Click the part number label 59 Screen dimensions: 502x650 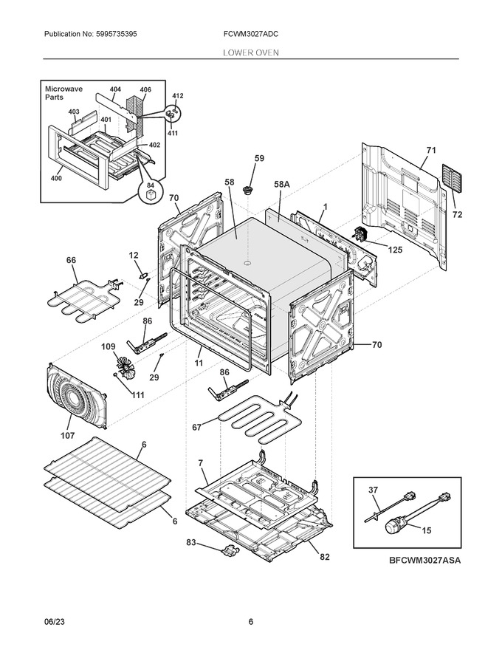pyautogui.click(x=259, y=158)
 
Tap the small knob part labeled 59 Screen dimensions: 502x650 pyautogui.click(x=248, y=191)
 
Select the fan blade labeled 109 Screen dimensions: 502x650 pyautogui.click(x=124, y=367)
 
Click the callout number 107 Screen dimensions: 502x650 pyautogui.click(x=67, y=435)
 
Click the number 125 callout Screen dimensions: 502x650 pyautogui.click(x=395, y=250)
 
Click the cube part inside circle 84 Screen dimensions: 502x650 pyautogui.click(x=151, y=194)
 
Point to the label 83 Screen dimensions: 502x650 pyautogui.click(x=191, y=542)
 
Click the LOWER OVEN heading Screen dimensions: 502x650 pyautogui.click(x=251, y=52)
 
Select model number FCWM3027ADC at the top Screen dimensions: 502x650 pyautogui.click(x=250, y=34)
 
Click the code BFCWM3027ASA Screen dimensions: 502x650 pyautogui.click(x=424, y=561)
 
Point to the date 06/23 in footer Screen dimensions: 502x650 pyautogui.click(x=54, y=622)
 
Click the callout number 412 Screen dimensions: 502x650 pyautogui.click(x=178, y=96)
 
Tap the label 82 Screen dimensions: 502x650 pyautogui.click(x=325, y=557)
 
